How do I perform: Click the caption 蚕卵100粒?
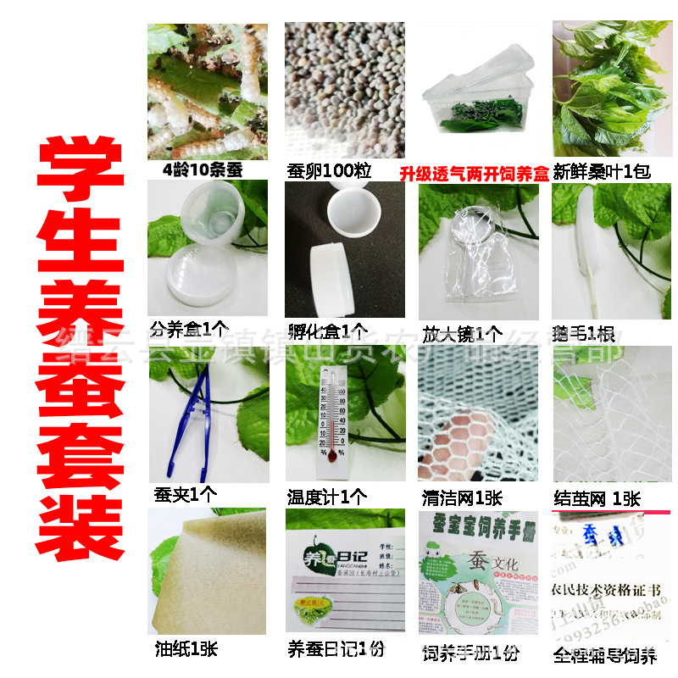tap(330, 169)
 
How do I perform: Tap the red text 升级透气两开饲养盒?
tap(474, 173)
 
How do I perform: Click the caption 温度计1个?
tap(329, 497)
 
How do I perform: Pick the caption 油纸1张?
tap(186, 649)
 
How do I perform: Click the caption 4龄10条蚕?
tap(203, 169)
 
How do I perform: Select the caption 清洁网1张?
tap(462, 497)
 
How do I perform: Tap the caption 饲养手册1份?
tap(471, 653)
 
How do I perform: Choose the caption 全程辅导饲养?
tap(604, 655)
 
